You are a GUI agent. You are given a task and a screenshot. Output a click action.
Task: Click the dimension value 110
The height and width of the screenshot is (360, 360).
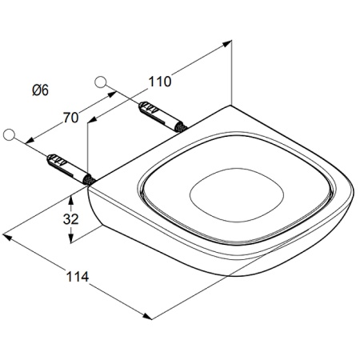[159, 82]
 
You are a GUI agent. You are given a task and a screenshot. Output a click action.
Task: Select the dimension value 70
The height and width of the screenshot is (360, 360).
[70, 118]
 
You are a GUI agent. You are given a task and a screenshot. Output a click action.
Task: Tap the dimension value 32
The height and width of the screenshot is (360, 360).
[70, 219]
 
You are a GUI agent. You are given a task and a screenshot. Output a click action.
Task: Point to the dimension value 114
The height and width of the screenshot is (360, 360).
[78, 277]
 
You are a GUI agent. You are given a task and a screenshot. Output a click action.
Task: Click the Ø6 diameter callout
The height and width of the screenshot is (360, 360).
[41, 90]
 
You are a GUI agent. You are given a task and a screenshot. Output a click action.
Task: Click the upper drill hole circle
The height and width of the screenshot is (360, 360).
[101, 82]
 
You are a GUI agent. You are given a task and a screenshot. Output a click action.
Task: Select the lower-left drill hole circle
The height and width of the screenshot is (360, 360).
[10, 134]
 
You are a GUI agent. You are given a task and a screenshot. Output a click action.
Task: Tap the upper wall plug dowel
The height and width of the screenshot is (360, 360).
[162, 117]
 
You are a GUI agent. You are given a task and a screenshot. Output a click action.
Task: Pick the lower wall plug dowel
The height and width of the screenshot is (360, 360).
[71, 170]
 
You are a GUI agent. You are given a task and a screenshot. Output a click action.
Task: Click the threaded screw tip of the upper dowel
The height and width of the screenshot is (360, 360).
[181, 127]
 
